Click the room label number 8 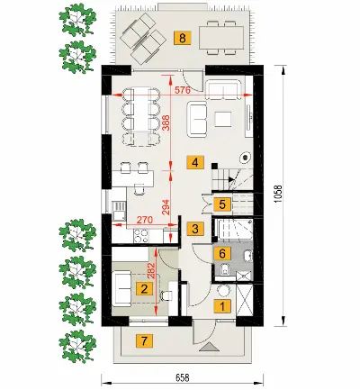pos(183,39)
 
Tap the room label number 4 pos(195,163)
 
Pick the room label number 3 pos(195,229)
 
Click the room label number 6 pos(222,254)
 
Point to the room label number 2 pos(144,289)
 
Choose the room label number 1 pos(222,307)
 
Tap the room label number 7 pos(144,341)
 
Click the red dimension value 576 pos(183,89)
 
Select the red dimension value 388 pos(166,123)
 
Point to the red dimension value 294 pos(166,207)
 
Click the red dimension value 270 pos(145,220)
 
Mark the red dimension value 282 pos(151,271)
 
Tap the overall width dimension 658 pos(183,377)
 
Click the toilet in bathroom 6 pos(223,269)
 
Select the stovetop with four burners pos(141,236)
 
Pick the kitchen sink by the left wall pos(118,210)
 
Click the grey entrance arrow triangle pos(209,347)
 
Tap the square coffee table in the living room pos(223,120)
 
